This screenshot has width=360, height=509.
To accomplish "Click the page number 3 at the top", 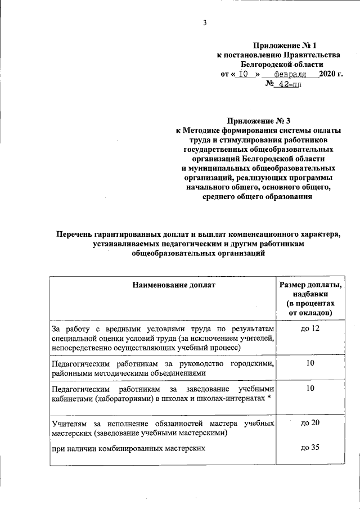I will click(205, 22).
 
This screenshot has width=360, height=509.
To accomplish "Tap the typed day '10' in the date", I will click(243, 74).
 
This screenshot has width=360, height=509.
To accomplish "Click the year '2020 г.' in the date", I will click(330, 74).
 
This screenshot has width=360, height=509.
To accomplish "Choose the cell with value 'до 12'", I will click(310, 328).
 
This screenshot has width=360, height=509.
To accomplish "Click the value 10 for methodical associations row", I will click(310, 364).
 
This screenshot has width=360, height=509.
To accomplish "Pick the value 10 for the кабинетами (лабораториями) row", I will click(310, 389).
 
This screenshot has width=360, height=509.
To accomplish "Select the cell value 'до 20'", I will click(310, 422).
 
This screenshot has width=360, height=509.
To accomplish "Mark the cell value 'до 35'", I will click(310, 448).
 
